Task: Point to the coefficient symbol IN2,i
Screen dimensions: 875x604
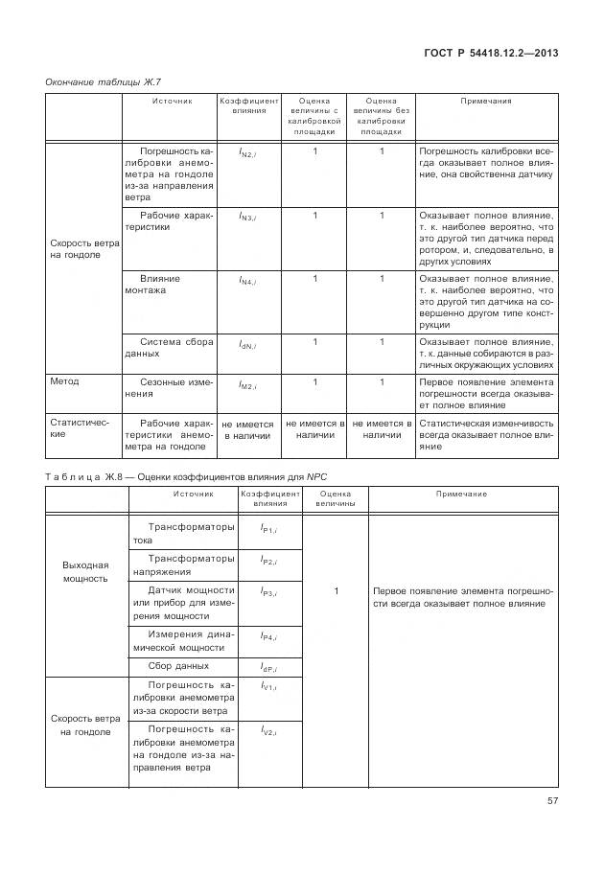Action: point(247,152)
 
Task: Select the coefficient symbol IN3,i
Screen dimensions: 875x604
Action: point(247,217)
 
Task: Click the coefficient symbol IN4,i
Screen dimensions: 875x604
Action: point(247,280)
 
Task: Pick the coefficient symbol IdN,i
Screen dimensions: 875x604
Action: point(247,343)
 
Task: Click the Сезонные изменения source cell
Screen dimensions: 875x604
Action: point(169,387)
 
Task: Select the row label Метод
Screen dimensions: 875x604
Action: point(65,381)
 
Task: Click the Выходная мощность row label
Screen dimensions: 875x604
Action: point(86,571)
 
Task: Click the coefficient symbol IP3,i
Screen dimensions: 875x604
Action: point(268,593)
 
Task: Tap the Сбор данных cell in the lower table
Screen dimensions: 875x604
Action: point(178,665)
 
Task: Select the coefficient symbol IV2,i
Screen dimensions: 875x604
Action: point(268,731)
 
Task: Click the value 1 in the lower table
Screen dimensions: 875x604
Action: point(336,592)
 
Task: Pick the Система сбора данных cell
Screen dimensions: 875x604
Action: point(169,347)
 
